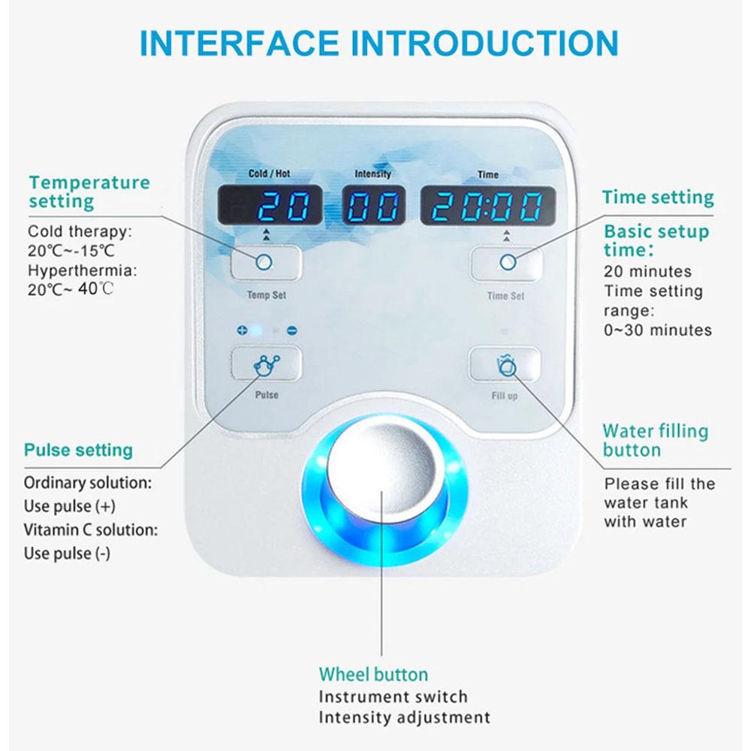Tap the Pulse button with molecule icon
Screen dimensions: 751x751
(266, 366)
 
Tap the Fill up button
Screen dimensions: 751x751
(505, 366)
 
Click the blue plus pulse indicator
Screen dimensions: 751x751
(242, 330)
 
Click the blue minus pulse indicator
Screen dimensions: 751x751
(291, 330)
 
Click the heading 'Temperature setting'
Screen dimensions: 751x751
(89, 192)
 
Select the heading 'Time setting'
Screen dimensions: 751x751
(657, 198)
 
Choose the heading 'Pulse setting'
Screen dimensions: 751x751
(78, 451)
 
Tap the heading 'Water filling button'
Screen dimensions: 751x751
(656, 441)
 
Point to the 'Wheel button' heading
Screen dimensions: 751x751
(373, 674)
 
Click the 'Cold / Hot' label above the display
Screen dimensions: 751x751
(269, 173)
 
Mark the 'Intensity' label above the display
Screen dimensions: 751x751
(372, 173)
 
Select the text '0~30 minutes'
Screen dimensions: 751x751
(658, 330)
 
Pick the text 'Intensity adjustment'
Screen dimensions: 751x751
(404, 716)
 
